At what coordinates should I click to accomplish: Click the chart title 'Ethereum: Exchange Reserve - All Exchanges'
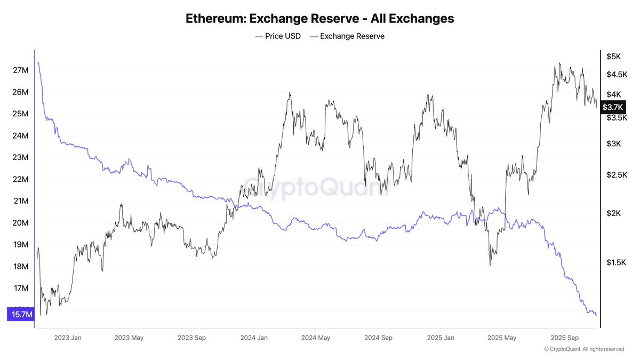[x=320, y=18]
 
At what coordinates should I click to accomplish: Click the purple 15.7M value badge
[x=20, y=315]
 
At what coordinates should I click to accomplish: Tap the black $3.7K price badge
[x=612, y=107]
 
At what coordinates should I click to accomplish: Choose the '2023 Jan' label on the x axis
[x=68, y=338]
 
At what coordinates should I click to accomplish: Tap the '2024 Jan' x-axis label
[x=254, y=338]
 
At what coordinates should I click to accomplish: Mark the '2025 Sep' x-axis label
[x=564, y=338]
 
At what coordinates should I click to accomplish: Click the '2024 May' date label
[x=315, y=338]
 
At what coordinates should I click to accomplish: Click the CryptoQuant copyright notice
[x=584, y=349]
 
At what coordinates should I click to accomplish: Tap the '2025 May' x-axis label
[x=502, y=338]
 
